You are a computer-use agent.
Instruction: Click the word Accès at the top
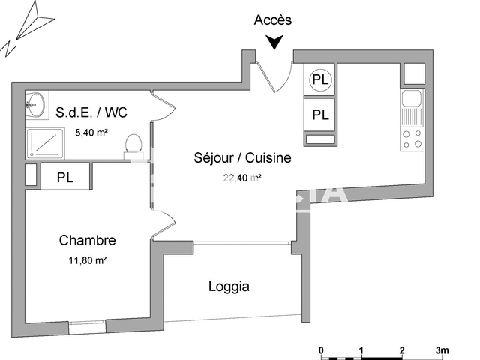coord(273,20)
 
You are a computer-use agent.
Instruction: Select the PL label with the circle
coord(320,79)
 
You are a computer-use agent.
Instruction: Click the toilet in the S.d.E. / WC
coord(134,143)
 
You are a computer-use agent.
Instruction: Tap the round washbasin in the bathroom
coord(34,105)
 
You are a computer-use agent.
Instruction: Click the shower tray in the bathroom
coord(46,143)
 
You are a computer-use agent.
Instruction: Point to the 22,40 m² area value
coord(241,178)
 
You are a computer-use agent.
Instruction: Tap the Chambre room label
coord(87,241)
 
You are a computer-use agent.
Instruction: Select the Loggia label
coord(229,286)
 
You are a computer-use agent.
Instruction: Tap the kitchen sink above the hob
coord(412,98)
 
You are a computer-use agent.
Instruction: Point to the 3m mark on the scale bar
coord(442,350)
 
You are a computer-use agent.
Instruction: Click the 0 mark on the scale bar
coord(320,350)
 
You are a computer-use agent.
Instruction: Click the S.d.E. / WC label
coord(91,112)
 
